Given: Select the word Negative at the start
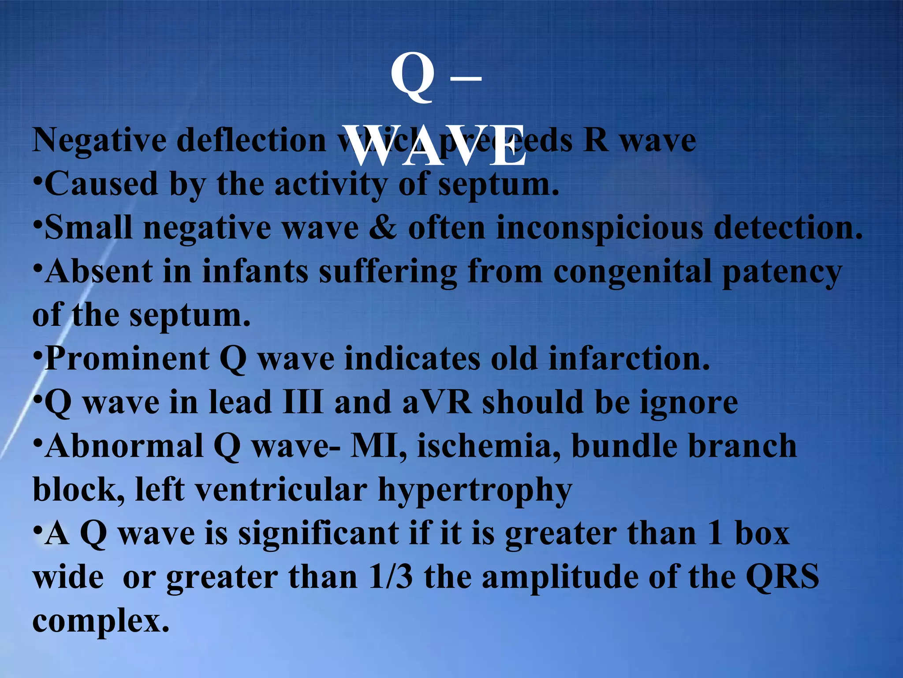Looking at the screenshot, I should [x=100, y=141].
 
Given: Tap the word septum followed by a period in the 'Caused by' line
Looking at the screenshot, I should [x=498, y=185].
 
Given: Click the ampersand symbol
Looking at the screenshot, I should [x=383, y=228].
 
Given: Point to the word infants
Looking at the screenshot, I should [x=255, y=271].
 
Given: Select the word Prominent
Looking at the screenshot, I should [x=127, y=358].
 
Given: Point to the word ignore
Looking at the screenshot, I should [x=689, y=403].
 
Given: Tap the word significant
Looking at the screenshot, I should [x=319, y=534].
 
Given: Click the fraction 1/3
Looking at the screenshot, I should [x=391, y=577].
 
